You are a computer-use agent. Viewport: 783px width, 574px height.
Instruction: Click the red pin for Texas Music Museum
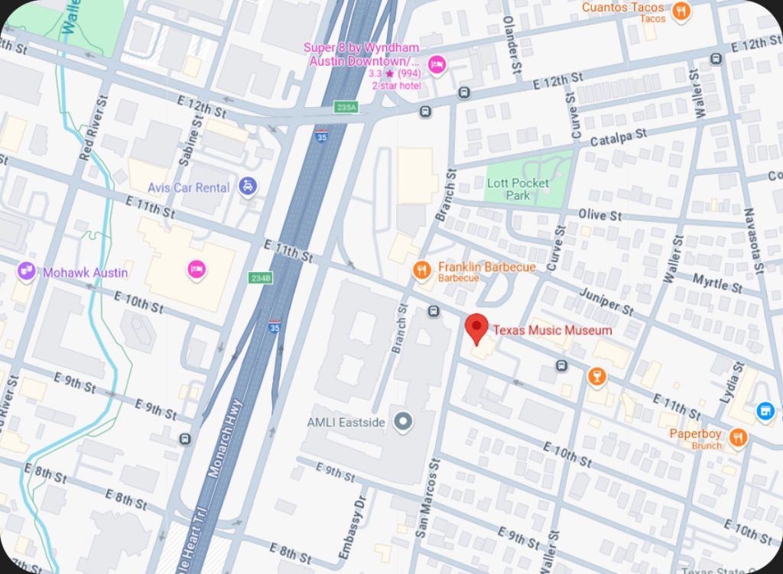pyautogui.click(x=477, y=327)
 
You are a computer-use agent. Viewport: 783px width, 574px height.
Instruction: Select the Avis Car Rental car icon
pyautogui.click(x=247, y=186)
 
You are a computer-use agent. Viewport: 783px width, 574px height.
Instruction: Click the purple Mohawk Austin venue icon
pyautogui.click(x=27, y=271)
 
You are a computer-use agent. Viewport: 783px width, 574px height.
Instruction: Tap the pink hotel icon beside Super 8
pyautogui.click(x=437, y=63)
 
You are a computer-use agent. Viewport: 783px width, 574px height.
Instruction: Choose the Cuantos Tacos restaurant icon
pyautogui.click(x=680, y=11)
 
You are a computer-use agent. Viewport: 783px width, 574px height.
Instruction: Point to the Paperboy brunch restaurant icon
pyautogui.click(x=738, y=438)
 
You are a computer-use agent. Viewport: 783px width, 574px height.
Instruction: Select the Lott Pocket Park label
pyautogui.click(x=518, y=189)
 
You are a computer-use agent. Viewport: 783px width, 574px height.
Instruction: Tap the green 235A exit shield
pyautogui.click(x=346, y=108)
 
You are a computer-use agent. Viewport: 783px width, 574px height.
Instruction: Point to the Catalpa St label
pyautogui.click(x=618, y=138)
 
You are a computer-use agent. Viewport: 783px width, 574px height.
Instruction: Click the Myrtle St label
pyautogui.click(x=716, y=282)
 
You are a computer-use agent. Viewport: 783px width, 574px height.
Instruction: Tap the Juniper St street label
pyautogui.click(x=606, y=301)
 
